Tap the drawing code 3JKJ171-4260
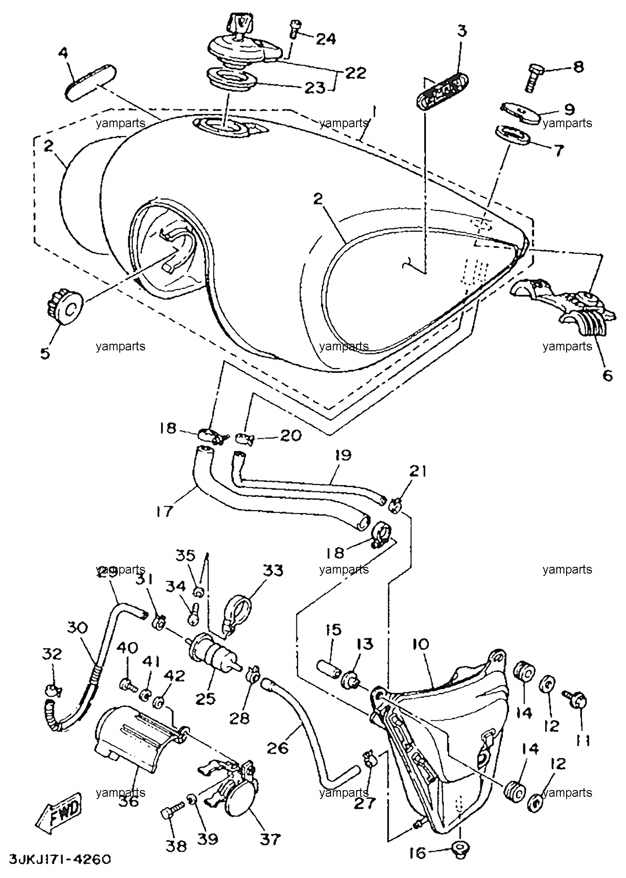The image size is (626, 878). [59, 859]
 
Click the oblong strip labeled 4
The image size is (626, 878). [91, 83]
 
